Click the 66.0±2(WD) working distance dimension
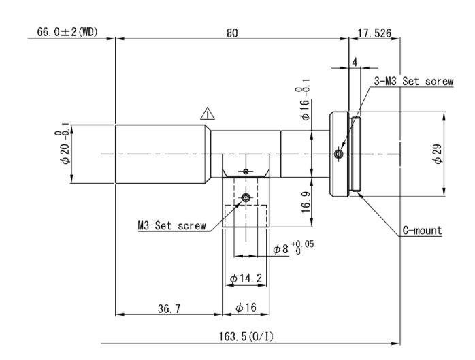click(x=67, y=32)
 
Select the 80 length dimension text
click(x=232, y=33)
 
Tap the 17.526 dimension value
click(x=374, y=33)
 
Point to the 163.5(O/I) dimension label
click(x=246, y=336)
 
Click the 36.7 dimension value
click(x=169, y=308)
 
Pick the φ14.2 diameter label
click(x=246, y=278)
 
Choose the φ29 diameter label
click(x=438, y=154)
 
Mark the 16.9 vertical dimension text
click(x=306, y=202)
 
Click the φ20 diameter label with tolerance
click(x=63, y=144)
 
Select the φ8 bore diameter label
click(x=293, y=248)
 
